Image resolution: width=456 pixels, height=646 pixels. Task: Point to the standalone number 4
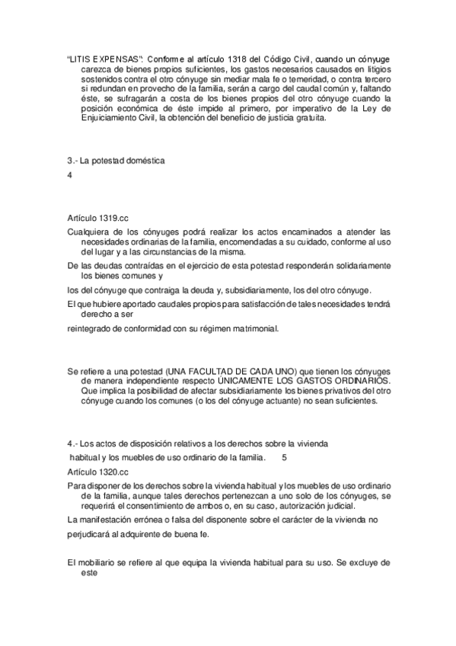(x=69, y=175)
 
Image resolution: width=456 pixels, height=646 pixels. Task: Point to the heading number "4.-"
(x=73, y=444)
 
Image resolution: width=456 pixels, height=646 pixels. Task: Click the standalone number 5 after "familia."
(x=284, y=458)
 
